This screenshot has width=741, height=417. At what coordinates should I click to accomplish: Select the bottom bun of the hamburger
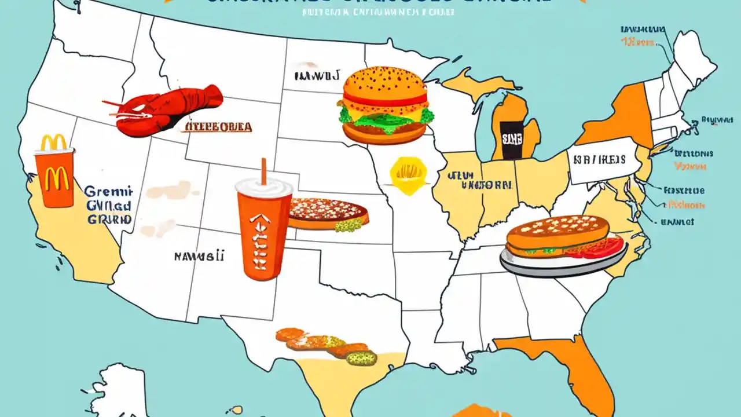[384, 135]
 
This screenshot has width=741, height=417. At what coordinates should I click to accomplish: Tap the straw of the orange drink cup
[263, 171]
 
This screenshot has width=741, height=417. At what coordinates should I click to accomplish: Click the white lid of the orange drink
[264, 187]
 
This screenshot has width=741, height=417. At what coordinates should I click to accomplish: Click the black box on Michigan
[510, 141]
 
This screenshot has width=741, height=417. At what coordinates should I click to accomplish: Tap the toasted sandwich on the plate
[557, 235]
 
